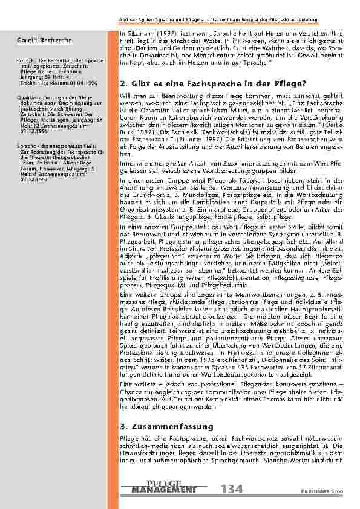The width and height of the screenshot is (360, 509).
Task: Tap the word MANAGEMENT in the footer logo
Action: pos(163,489)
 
